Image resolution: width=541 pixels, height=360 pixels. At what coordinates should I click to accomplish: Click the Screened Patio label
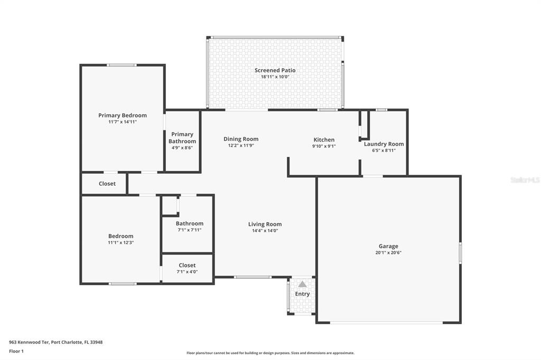click(x=275, y=70)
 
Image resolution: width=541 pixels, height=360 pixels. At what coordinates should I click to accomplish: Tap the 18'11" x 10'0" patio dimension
click(x=275, y=77)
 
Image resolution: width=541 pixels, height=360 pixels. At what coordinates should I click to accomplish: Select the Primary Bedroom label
click(x=123, y=116)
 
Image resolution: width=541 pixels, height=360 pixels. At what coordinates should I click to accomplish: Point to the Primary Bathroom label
click(x=182, y=138)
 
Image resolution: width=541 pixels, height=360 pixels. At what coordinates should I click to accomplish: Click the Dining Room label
click(x=241, y=139)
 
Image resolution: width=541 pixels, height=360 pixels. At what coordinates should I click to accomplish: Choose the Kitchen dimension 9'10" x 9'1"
click(x=324, y=146)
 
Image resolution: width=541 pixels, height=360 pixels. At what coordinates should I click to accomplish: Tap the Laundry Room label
click(x=384, y=144)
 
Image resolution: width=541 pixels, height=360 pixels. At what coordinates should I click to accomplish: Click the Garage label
click(x=388, y=246)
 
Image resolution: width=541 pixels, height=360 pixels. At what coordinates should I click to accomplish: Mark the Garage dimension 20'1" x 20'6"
click(x=388, y=252)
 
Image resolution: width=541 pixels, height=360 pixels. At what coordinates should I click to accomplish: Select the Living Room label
click(x=265, y=224)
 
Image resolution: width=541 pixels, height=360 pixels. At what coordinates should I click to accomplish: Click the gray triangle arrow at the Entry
click(x=302, y=284)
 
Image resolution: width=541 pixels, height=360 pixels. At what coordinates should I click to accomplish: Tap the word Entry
click(x=302, y=294)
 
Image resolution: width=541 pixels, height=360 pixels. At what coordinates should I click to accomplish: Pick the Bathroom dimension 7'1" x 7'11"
click(x=190, y=230)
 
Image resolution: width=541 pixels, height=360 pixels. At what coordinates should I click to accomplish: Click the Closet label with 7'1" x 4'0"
click(x=187, y=265)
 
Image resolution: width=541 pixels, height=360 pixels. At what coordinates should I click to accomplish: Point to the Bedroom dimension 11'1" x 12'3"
click(x=121, y=242)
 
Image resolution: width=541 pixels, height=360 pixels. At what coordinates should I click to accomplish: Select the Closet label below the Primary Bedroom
click(x=107, y=184)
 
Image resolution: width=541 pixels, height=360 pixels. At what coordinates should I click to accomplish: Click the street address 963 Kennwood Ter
click(x=29, y=343)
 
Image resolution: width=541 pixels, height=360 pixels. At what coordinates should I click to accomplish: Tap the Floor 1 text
click(x=16, y=352)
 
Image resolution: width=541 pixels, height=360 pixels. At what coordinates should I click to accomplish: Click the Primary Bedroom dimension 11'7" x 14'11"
click(x=123, y=122)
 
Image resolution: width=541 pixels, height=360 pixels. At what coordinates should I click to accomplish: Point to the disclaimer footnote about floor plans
click(x=270, y=353)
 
